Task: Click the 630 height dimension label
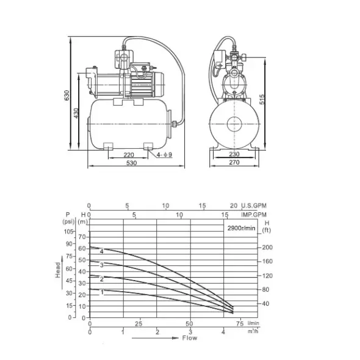pos(67,95)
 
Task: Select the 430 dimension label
pos(76,113)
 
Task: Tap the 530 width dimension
pos(132,163)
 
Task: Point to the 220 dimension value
pos(129,155)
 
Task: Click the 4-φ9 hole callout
pos(164,154)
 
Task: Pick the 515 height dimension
pos(262,99)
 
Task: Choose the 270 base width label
pos(234,162)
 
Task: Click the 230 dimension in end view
pos(234,154)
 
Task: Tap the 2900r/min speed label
pos(241,228)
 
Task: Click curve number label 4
pos(102,251)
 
